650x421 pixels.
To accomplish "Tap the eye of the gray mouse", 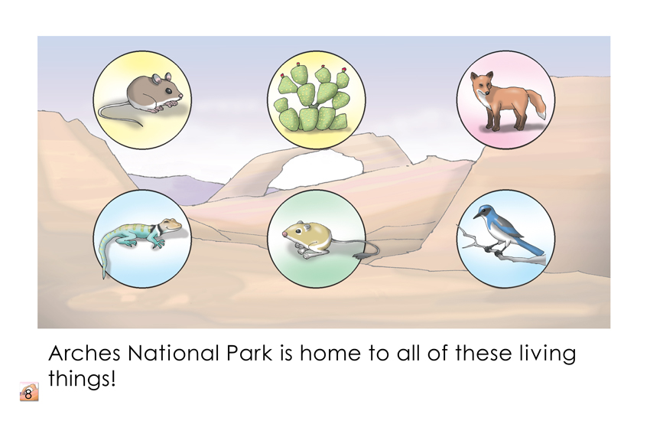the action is [x=168, y=90].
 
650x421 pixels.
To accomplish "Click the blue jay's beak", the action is [x=476, y=216].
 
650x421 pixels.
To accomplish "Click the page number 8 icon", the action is [x=29, y=392].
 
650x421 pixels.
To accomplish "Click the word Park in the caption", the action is [x=249, y=354].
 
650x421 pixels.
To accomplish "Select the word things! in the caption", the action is [x=82, y=379].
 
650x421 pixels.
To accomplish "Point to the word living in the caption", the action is [x=548, y=354].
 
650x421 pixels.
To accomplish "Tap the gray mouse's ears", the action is [x=161, y=77].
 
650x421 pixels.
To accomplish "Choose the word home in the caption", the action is [x=330, y=354].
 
